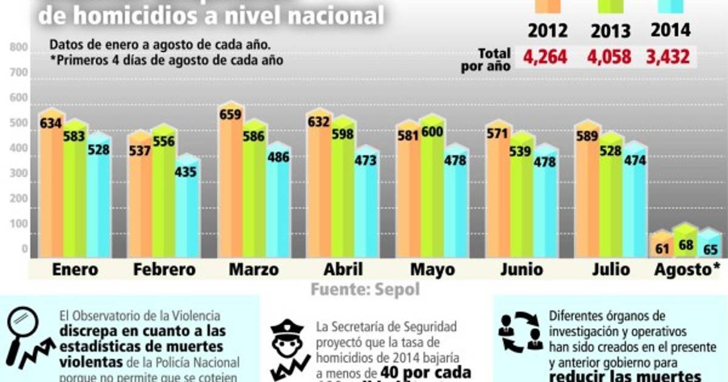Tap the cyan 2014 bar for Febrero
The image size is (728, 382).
[186, 212]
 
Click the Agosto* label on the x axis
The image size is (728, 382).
[687, 270]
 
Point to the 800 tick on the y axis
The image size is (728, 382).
[19, 47]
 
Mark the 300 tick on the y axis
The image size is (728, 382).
[19, 173]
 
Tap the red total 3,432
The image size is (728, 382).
[669, 57]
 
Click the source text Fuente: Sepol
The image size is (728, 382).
[365, 289]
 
